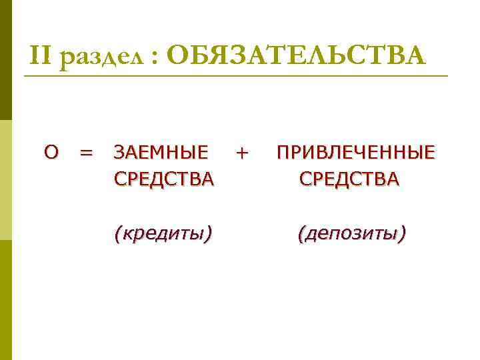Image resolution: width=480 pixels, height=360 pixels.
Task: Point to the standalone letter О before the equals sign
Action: (51, 153)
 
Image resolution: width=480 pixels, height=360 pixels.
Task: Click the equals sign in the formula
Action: (85, 153)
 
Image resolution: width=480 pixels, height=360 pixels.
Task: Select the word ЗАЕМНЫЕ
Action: (161, 153)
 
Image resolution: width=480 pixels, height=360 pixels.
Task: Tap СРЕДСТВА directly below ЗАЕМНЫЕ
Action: (164, 179)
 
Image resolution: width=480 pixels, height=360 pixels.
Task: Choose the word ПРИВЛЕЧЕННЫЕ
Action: (356, 153)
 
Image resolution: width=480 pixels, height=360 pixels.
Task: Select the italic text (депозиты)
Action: (352, 233)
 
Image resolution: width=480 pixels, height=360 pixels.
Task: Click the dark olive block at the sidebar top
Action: (6, 60)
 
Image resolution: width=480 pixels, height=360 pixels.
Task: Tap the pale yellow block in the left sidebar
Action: (6, 180)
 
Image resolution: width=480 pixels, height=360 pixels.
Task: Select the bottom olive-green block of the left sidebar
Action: (6, 300)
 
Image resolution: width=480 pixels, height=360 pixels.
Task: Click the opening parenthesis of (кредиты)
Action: (118, 233)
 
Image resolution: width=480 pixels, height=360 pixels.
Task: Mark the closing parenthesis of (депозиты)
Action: (402, 233)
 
